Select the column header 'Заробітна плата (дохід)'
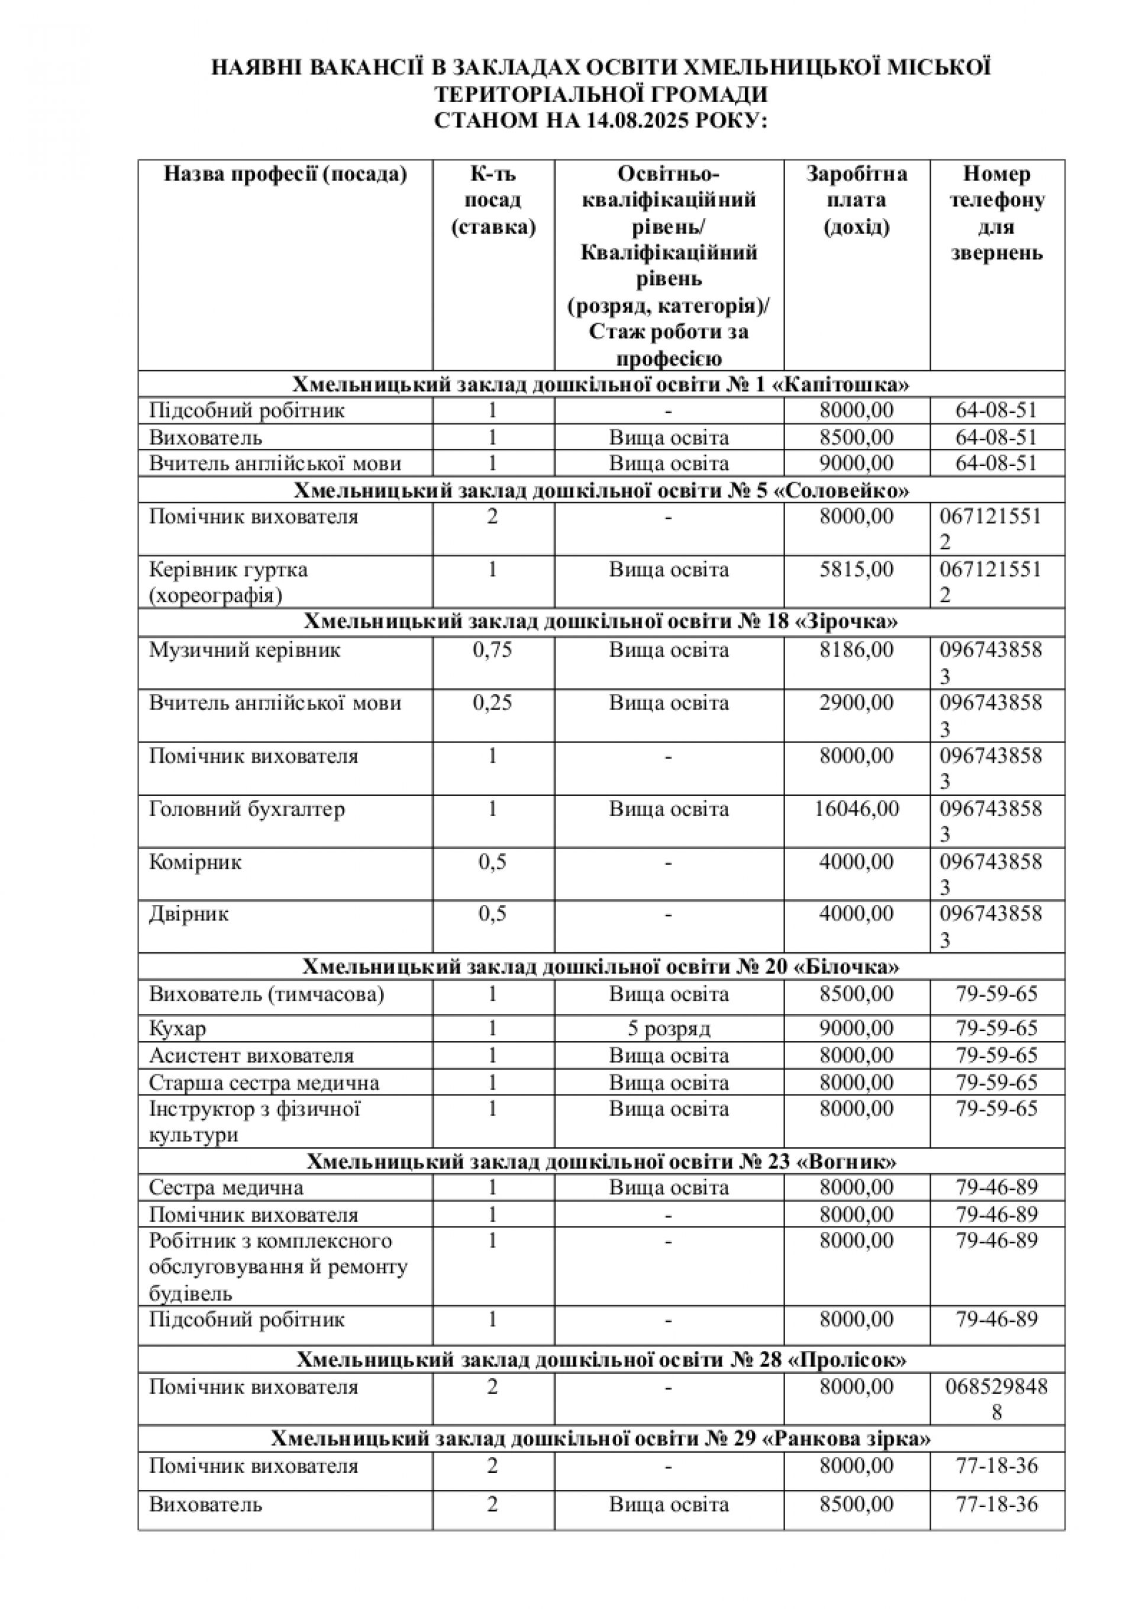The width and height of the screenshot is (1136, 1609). [x=857, y=200]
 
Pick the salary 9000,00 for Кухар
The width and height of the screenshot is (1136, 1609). [x=857, y=1028]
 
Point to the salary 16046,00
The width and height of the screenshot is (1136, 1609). [x=857, y=809]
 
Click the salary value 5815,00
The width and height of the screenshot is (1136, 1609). [x=857, y=569]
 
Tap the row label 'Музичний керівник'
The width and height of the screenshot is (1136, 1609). [x=244, y=650]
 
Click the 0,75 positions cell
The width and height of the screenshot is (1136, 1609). [x=492, y=650]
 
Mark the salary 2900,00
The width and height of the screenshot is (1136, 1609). [x=857, y=702]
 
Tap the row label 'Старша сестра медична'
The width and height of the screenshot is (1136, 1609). [x=264, y=1083]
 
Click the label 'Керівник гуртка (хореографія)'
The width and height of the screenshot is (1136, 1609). [x=228, y=582]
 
